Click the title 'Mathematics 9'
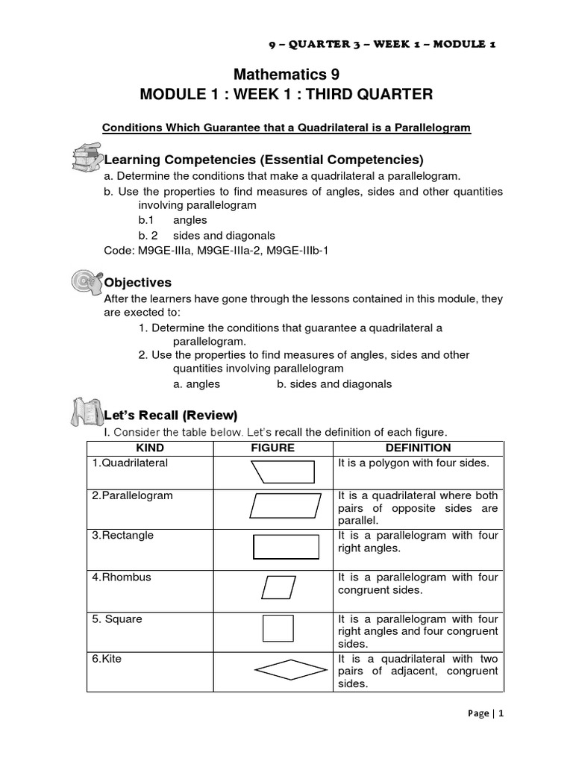coord(286,74)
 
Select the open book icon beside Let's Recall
coord(84,413)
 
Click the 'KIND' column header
coord(150,448)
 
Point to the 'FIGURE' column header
coord(272,448)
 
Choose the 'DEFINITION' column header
coord(418,448)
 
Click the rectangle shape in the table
coord(286,547)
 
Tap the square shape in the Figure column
coord(278,627)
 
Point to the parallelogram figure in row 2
coord(285,505)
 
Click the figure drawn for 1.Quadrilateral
coord(284,472)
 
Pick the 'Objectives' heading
coord(137,283)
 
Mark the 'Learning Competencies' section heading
coord(263,160)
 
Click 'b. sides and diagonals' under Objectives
coord(334,384)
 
